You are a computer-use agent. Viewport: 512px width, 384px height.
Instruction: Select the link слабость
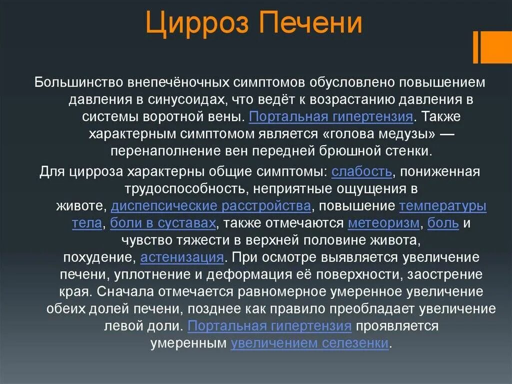tap(361, 172)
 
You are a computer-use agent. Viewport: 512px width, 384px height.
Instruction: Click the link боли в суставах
tap(163, 223)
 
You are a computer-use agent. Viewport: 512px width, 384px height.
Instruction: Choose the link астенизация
tap(182, 257)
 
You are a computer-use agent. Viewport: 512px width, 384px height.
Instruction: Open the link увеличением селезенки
tap(309, 343)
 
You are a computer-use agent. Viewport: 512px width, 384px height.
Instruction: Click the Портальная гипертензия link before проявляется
tap(269, 326)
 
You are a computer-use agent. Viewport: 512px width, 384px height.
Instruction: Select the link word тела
tap(86, 223)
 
